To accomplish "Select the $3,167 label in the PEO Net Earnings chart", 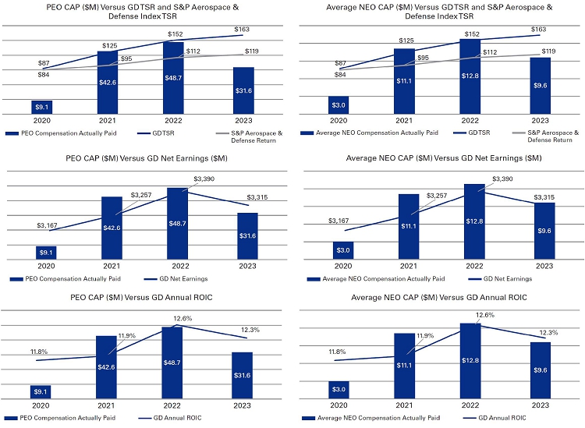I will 48,225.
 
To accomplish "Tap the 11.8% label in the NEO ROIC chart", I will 337,352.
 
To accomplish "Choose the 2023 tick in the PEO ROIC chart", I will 244,406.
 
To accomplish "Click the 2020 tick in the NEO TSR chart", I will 338,122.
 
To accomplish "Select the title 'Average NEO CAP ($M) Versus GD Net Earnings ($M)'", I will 443,158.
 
